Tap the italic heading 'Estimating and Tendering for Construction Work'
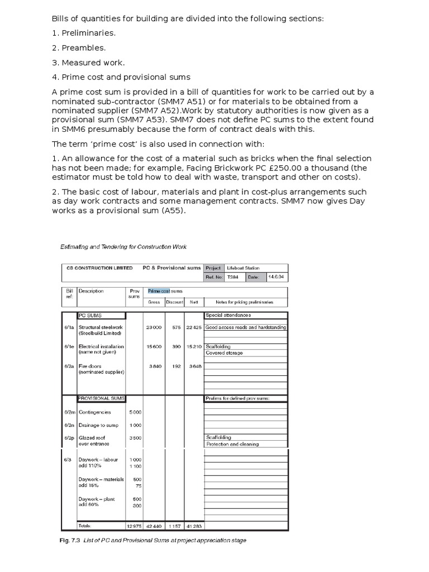pyautogui.click(x=123, y=246)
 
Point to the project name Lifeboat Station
pyautogui.click(x=243, y=268)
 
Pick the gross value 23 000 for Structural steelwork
pyautogui.click(x=154, y=327)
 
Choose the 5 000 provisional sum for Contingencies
pyautogui.click(x=135, y=412)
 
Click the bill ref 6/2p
pyautogui.click(x=69, y=438)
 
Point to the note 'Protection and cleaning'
pyautogui.click(x=232, y=444)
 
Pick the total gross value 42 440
pyautogui.click(x=154, y=526)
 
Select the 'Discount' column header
pyautogui.click(x=174, y=302)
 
